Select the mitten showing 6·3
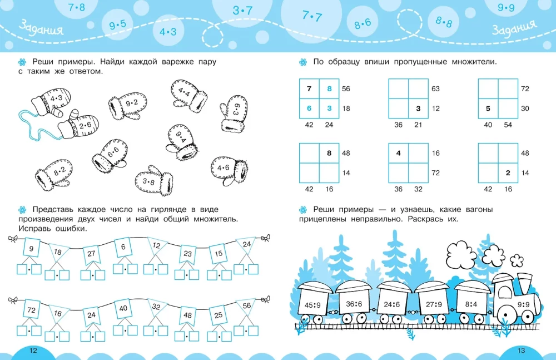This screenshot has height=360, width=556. (234, 114)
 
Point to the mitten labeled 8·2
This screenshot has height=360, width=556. (54, 174)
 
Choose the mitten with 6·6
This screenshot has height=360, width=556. (110, 156)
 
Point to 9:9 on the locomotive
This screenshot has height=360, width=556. (523, 304)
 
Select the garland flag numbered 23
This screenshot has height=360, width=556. (187, 254)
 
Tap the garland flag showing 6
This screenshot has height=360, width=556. (123, 247)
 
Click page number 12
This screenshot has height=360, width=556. (33, 351)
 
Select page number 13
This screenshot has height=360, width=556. (521, 351)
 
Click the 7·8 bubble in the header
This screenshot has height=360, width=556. (77, 7)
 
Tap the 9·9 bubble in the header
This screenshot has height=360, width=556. (506, 7)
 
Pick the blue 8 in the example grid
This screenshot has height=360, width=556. (329, 89)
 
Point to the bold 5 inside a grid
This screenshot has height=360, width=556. (488, 109)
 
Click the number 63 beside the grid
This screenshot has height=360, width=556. (435, 89)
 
